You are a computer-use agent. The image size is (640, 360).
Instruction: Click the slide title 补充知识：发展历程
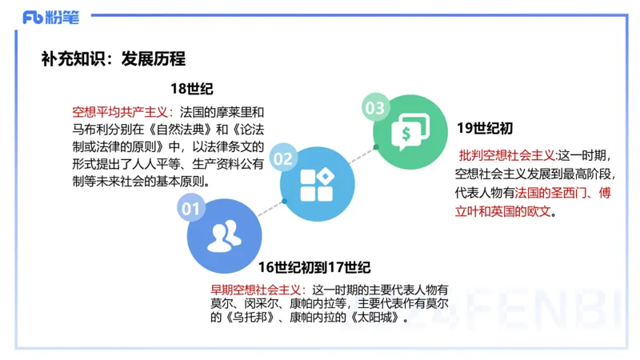tap(113, 58)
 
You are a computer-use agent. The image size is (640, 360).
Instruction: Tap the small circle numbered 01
tap(190, 210)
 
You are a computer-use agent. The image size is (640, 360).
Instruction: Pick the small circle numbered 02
tap(283, 158)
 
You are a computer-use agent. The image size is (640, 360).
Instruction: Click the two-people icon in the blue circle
tap(224, 235)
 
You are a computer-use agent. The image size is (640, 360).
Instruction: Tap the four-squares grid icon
tap(317, 184)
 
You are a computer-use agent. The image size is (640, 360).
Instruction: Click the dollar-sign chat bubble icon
tap(410, 132)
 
